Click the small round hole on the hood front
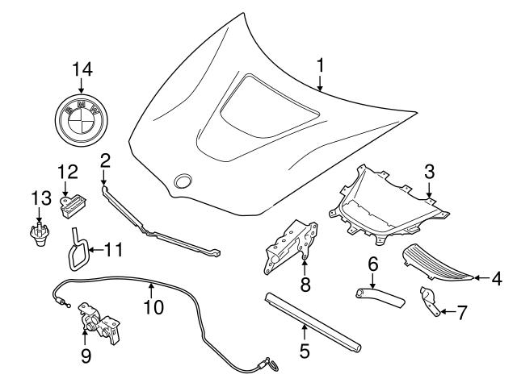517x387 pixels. [184, 181]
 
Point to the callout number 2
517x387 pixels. [104, 160]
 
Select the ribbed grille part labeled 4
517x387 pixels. [436, 262]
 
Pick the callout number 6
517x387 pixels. [372, 264]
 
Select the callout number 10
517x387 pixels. [153, 306]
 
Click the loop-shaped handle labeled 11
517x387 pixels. [77, 251]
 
